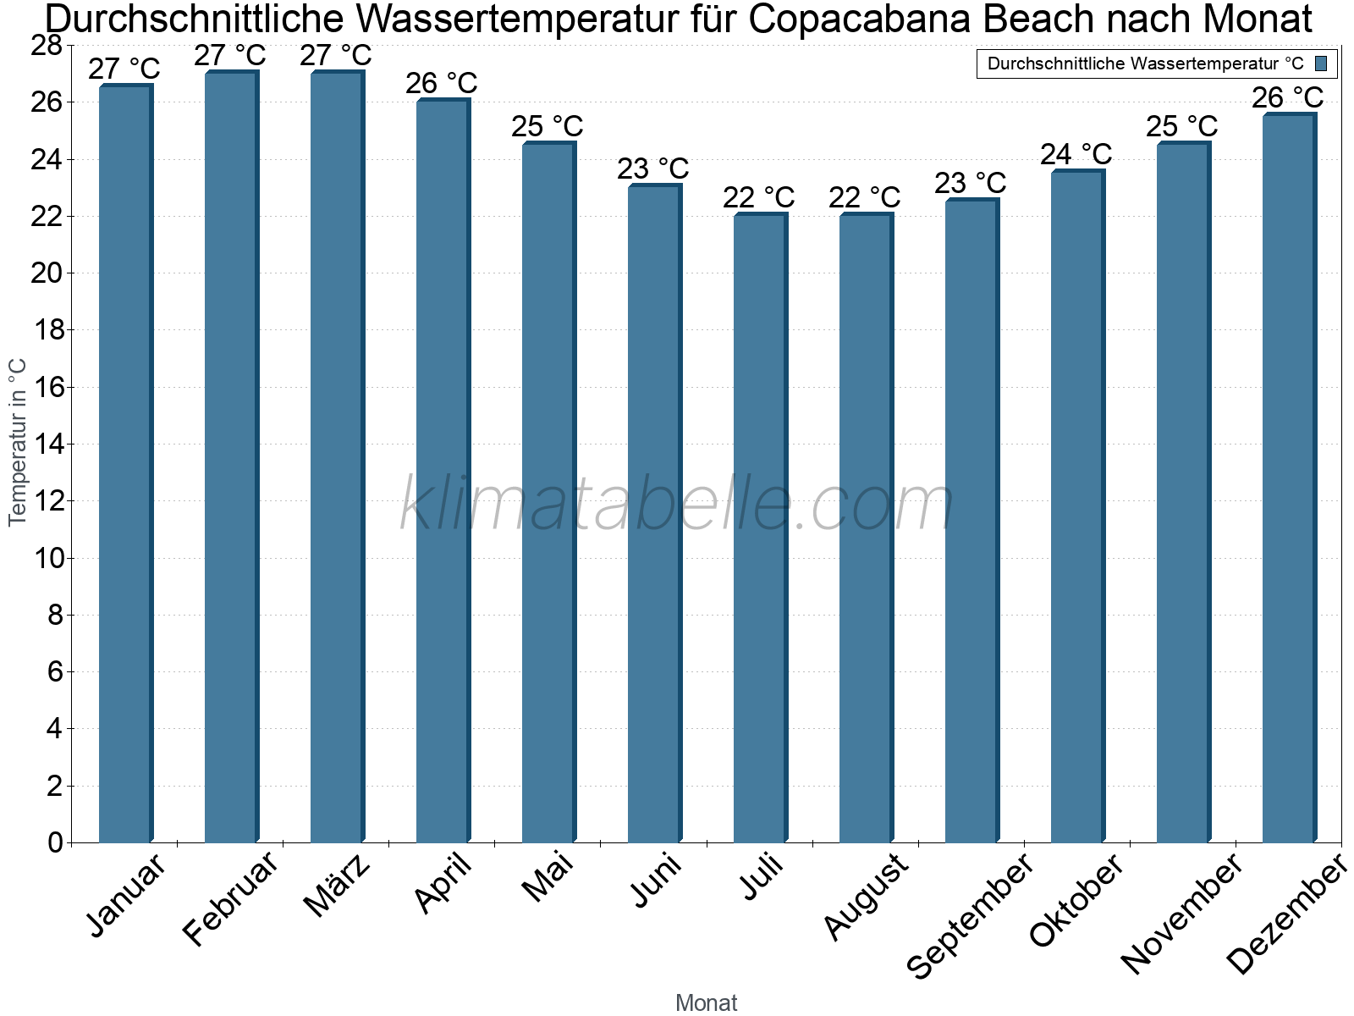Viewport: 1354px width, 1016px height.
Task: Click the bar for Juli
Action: pos(760,528)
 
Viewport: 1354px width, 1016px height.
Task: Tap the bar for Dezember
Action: pos(1289,478)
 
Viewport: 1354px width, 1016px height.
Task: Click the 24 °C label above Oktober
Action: pos(1076,154)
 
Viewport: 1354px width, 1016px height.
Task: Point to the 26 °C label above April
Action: pos(441,83)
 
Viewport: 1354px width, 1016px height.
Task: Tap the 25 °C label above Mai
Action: pos(547,126)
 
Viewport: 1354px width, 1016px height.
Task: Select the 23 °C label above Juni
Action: pos(652,168)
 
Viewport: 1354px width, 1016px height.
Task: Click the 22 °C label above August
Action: pos(864,197)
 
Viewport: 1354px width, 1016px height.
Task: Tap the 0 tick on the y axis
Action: pos(55,842)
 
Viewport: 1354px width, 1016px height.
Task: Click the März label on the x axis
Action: pos(337,886)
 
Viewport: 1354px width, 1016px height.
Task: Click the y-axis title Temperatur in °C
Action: pos(18,442)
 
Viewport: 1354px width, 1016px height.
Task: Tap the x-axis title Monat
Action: pos(706,1002)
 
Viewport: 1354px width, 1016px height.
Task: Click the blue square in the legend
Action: pos(1321,63)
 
